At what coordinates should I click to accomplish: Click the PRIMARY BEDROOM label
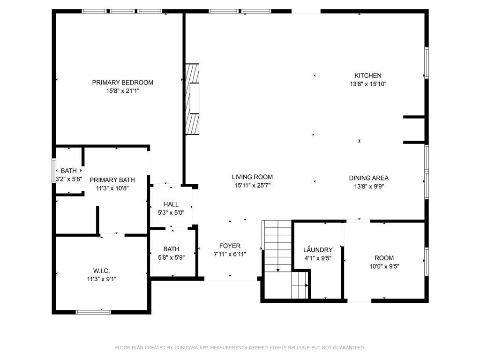pos(122,82)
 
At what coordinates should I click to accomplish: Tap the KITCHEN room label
pos(367,75)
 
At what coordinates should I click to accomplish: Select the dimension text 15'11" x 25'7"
pos(252,185)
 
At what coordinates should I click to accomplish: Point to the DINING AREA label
pos(368,178)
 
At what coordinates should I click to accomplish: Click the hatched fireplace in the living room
pos(192,99)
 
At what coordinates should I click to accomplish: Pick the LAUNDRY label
pos(318,250)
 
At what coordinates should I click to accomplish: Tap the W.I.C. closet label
pos(101,270)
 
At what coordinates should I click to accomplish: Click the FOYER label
pos(230,246)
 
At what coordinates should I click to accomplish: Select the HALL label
pos(171,204)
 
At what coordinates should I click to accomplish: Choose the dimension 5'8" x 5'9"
pos(171,257)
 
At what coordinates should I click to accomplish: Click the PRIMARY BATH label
pos(112,180)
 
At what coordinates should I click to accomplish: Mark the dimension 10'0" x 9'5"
pos(384,266)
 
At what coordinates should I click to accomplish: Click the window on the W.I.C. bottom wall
pos(93,312)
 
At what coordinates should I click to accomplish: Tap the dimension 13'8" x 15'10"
pos(368,84)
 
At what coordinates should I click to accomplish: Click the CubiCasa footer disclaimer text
pos(240,347)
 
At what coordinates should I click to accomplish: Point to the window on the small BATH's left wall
pos(54,171)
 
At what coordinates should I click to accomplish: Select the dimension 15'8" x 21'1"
pos(122,91)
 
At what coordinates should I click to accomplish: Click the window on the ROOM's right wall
pos(426,262)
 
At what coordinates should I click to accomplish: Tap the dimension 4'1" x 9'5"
pos(318,258)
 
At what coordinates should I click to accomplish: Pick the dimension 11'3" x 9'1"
pos(101,279)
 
